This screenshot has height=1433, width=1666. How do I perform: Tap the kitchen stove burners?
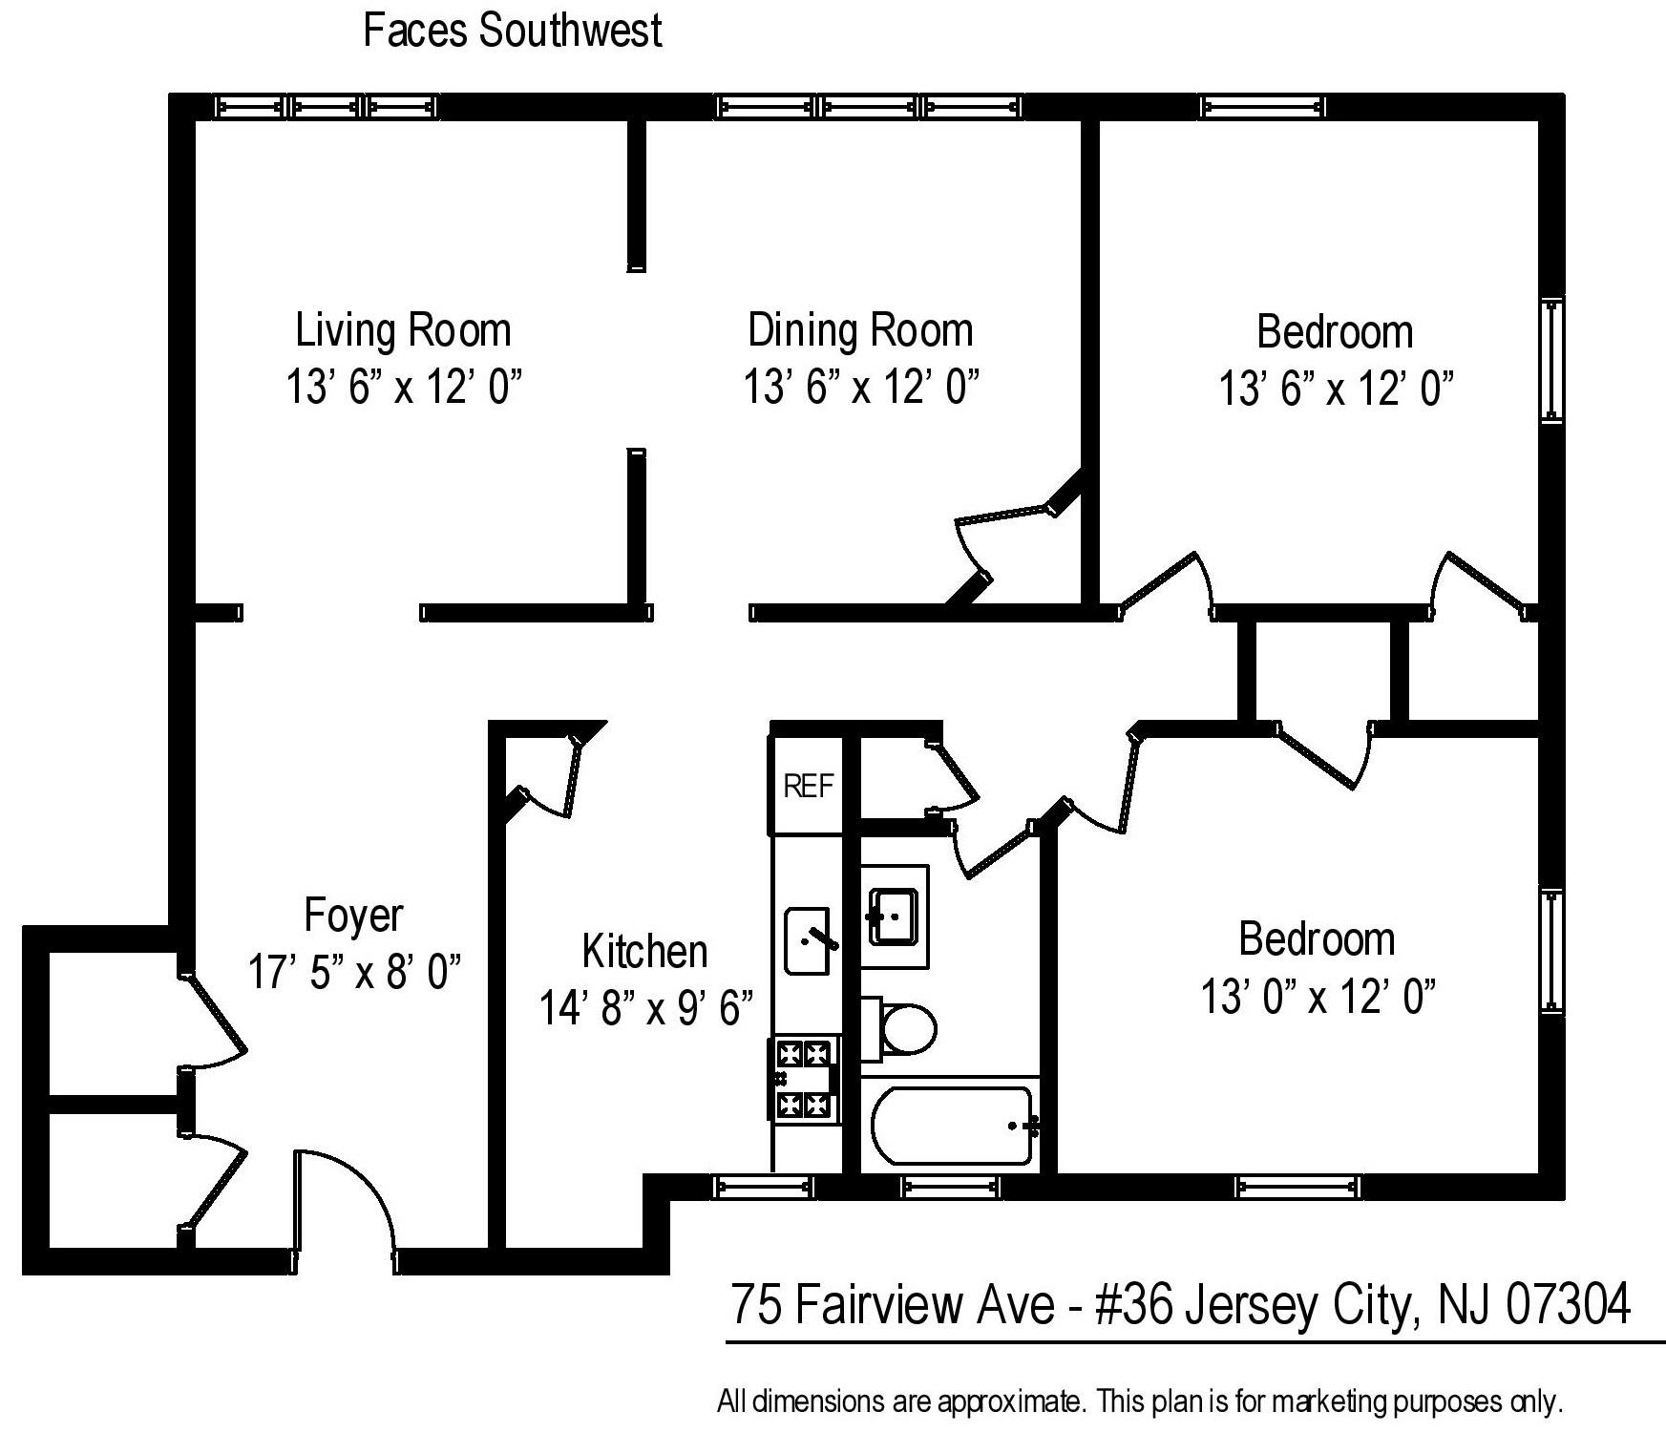(x=803, y=1080)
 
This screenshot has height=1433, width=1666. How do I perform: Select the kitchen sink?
(x=807, y=941)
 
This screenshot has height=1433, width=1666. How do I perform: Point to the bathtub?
(x=953, y=1126)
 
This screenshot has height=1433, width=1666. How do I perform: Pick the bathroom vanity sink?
(x=896, y=917)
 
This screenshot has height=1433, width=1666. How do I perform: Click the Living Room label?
(x=403, y=330)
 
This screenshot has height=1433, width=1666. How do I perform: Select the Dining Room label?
(x=860, y=330)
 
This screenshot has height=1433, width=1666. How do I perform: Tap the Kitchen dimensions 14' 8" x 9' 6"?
(x=646, y=1007)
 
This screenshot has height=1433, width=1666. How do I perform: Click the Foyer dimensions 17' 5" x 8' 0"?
(x=354, y=972)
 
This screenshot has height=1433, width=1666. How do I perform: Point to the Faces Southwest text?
(x=513, y=30)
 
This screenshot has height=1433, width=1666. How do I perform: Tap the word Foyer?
(x=354, y=915)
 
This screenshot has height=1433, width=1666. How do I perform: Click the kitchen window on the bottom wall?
(x=764, y=1187)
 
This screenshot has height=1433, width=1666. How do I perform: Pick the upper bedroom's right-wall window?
(x=1551, y=359)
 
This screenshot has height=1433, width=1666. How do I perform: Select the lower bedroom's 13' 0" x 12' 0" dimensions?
(x=1318, y=998)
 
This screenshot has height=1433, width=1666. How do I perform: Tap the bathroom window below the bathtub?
(x=951, y=1187)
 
